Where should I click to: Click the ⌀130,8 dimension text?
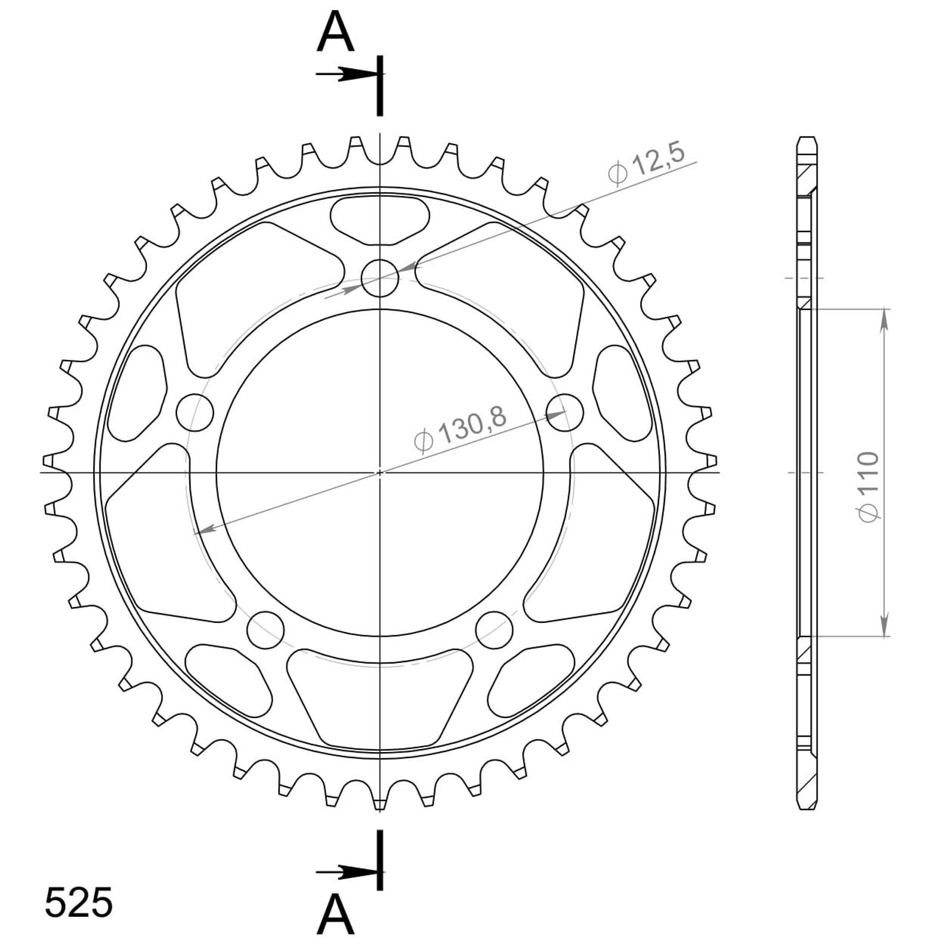tap(460, 428)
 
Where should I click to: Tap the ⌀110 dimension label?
tap(868, 487)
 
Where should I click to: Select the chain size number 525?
tap(79, 903)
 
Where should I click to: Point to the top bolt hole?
tap(380, 278)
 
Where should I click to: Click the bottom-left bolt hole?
tap(264, 629)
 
